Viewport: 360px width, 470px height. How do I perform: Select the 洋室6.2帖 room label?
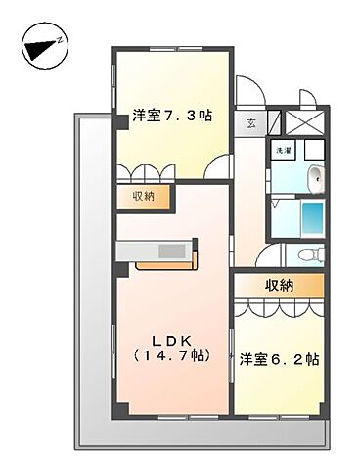(279, 359)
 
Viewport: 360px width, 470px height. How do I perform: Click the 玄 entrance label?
(251, 123)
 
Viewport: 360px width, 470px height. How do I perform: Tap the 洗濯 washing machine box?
(282, 152)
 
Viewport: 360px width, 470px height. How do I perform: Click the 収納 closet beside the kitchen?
(143, 197)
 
